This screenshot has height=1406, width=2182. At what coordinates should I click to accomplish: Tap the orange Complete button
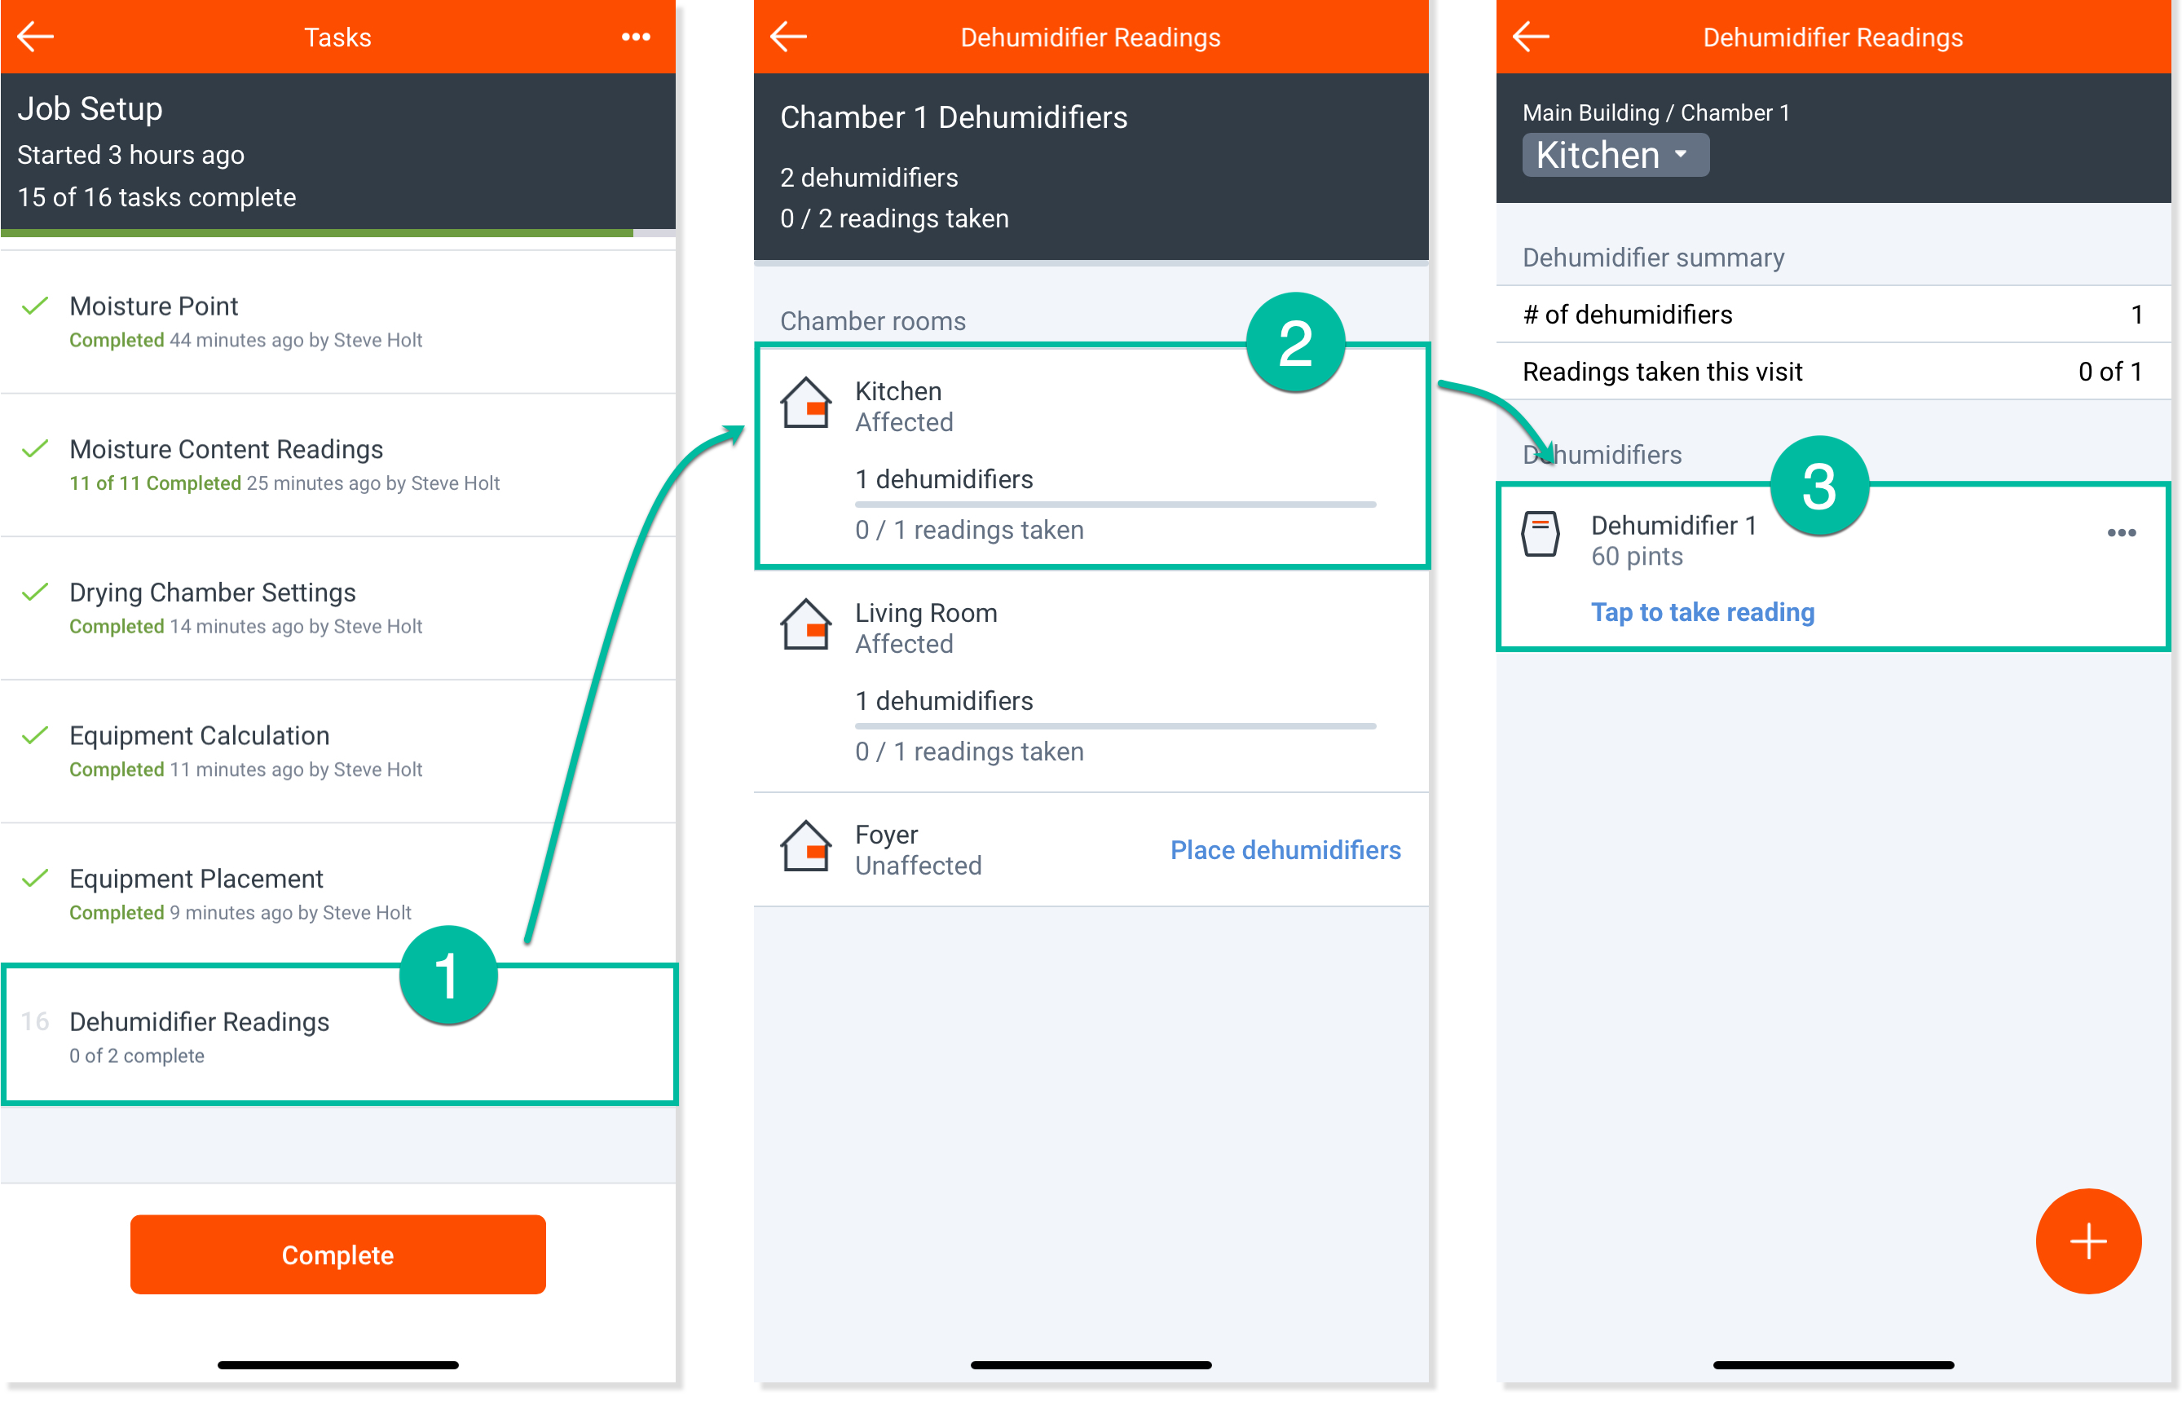[x=337, y=1254]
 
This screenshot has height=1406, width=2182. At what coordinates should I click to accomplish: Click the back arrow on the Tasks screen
[x=36, y=37]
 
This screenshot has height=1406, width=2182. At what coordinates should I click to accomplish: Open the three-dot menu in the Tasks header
[x=636, y=37]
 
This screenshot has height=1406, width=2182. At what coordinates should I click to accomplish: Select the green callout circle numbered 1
[x=447, y=974]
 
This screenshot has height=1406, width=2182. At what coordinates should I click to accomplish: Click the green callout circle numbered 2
[x=1294, y=343]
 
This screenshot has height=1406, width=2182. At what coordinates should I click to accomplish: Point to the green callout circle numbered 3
[x=1818, y=486]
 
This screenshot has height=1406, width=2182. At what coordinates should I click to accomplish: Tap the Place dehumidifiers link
[x=1285, y=849]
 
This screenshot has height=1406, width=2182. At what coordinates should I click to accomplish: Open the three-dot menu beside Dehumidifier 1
[x=2121, y=532]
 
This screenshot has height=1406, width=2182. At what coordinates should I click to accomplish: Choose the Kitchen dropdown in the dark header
[x=1614, y=154]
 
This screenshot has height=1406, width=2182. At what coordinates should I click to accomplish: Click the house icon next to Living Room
[x=805, y=624]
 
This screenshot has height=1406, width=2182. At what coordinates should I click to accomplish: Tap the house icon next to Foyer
[x=805, y=845]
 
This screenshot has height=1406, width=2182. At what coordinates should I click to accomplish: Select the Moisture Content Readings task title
[x=226, y=448]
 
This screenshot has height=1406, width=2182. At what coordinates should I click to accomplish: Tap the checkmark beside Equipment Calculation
[x=35, y=735]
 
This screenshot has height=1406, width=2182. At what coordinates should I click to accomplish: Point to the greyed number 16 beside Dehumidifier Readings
[x=35, y=1020]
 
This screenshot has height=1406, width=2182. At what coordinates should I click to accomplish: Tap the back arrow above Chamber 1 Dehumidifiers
[x=788, y=37]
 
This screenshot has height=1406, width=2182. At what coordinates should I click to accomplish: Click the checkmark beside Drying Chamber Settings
[x=35, y=592]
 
